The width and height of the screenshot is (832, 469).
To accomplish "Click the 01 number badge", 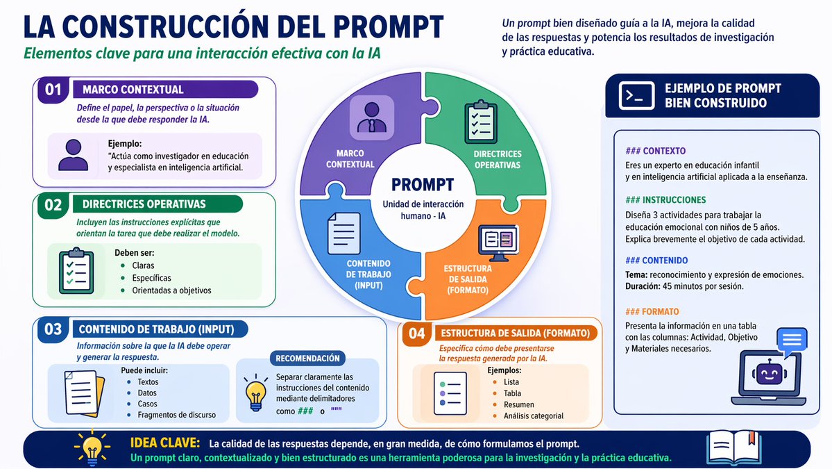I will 53,90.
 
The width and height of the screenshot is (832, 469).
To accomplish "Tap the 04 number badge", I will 416,334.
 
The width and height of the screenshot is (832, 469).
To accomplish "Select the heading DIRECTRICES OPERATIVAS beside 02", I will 144,204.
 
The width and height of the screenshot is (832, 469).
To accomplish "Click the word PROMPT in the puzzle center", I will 423,185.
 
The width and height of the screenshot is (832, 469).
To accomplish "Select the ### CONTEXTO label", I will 655,151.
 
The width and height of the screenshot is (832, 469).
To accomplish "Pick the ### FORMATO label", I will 652,312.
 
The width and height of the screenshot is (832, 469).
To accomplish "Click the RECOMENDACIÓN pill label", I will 307,359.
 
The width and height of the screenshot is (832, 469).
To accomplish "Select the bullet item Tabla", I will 512,393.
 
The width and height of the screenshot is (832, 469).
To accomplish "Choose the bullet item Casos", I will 147,404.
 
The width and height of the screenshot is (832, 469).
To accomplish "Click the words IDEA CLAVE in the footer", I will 165,443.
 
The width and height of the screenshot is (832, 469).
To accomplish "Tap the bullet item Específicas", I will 151,278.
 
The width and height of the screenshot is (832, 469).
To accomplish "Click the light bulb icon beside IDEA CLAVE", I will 92,448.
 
